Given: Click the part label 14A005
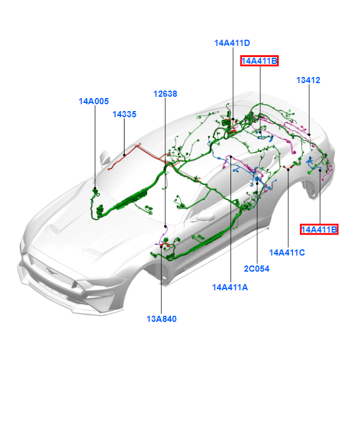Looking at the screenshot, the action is coord(94,101).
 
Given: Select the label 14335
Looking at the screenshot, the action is coord(125,114).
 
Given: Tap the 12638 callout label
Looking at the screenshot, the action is coord(165,94).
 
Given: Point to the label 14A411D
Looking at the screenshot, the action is coord(232,43).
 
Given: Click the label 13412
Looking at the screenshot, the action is coord(308,80).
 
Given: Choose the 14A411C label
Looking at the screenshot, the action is coord(287,252).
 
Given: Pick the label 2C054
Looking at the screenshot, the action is coord(257,269).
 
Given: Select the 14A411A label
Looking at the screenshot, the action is coord(230,287).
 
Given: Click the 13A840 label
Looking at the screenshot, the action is coord(162,319).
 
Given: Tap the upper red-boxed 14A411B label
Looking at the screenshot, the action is coord(260,61).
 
